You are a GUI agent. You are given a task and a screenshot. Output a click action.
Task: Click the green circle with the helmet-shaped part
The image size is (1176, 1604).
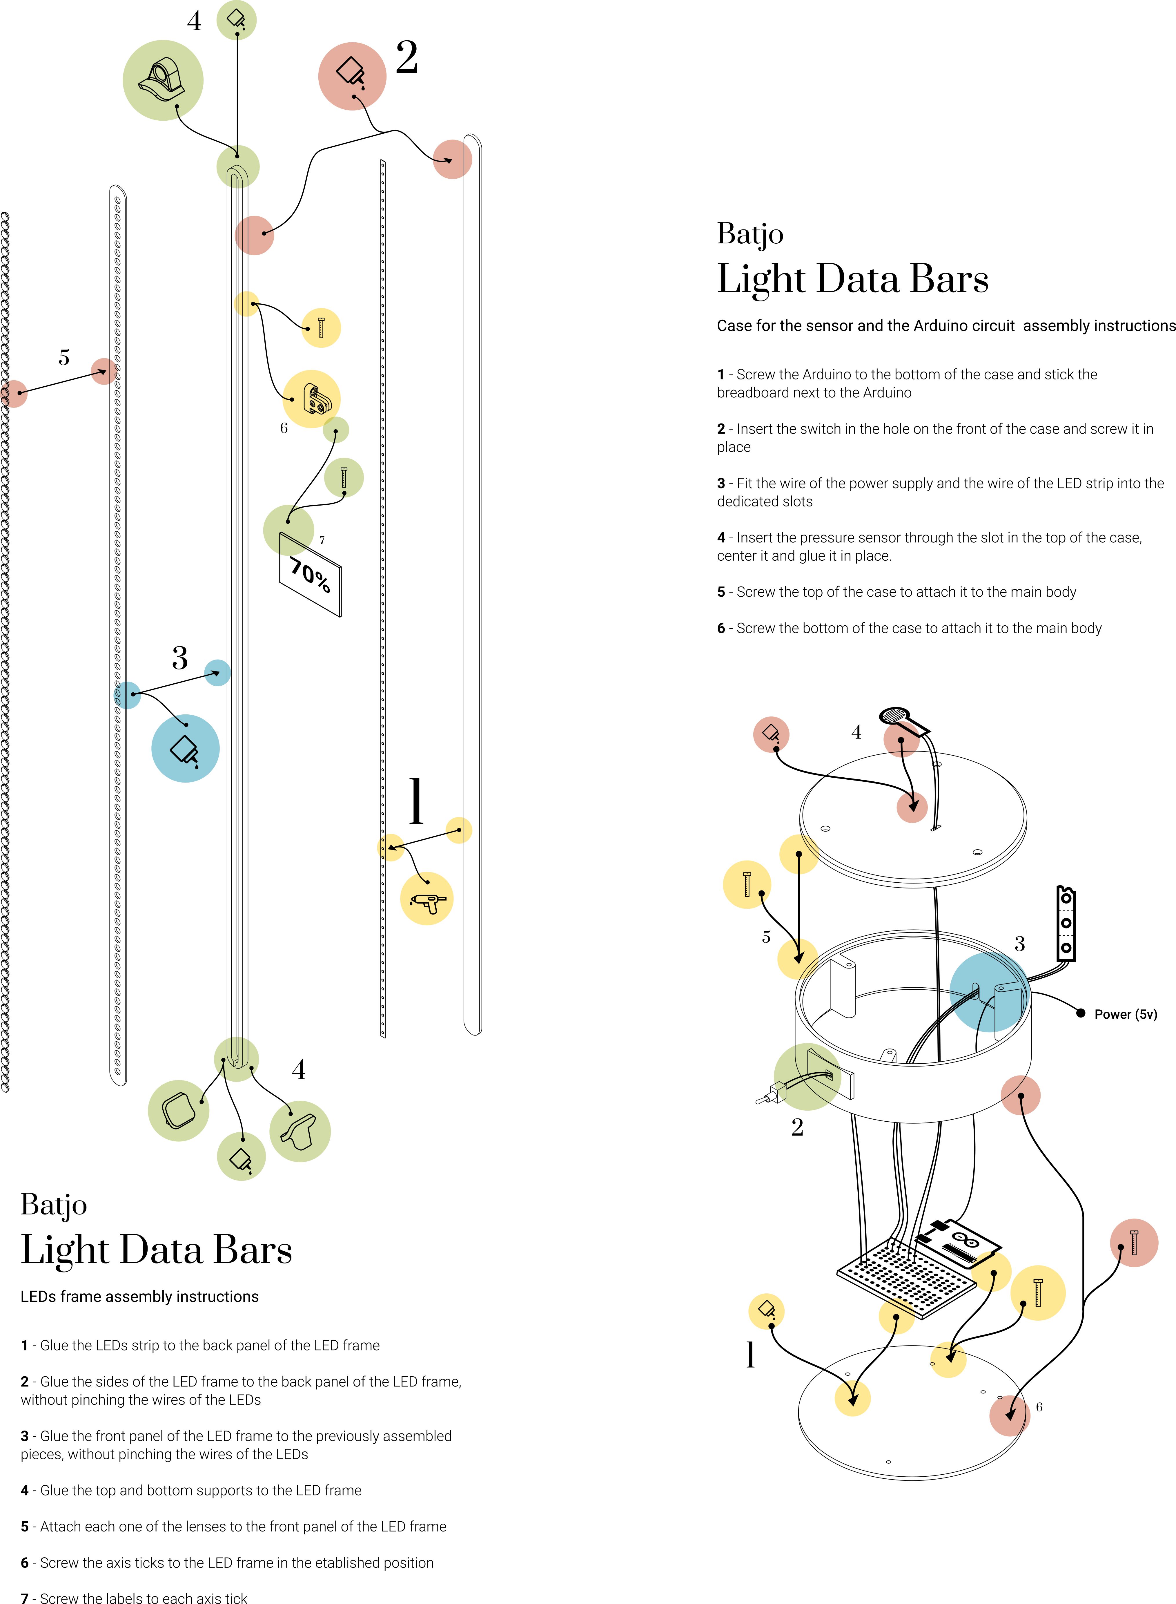click(163, 80)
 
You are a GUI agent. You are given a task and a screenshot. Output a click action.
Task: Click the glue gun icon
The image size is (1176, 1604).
click(428, 901)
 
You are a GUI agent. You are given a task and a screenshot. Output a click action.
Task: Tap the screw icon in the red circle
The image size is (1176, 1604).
click(1134, 1242)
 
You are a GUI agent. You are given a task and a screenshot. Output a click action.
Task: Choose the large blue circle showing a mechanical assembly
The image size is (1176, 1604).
click(990, 993)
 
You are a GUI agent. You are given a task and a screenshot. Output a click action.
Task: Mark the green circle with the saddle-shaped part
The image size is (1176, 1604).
click(300, 1131)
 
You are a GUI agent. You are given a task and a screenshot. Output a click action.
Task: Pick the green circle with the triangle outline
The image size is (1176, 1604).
click(288, 531)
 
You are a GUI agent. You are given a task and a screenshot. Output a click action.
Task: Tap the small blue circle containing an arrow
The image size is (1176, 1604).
click(217, 673)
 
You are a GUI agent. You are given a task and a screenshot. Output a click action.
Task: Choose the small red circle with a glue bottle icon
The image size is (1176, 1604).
click(771, 734)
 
